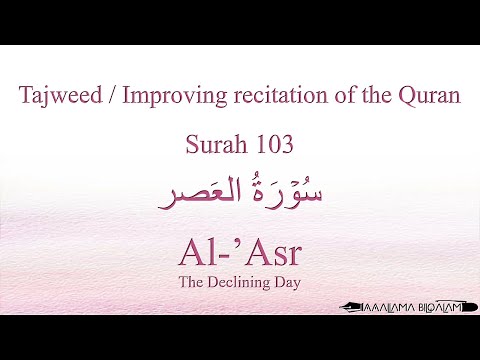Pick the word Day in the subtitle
pyautogui.click(x=287, y=281)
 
